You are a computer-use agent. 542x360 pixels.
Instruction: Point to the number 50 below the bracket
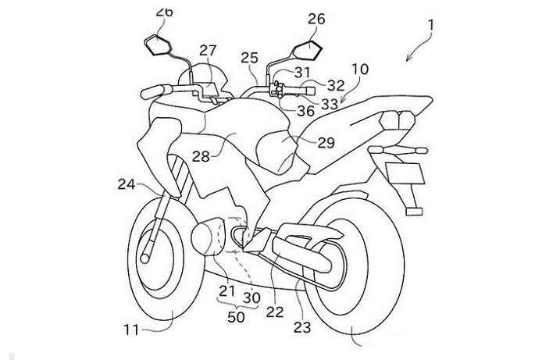coord(235,316)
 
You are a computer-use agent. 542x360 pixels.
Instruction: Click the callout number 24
coord(127,185)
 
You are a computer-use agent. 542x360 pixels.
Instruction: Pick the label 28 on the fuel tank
coord(201,155)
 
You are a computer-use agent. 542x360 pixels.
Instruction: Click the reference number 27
coord(208,50)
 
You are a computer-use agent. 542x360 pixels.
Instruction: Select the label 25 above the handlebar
coord(248,56)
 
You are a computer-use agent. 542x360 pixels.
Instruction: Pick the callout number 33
coord(329,102)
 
